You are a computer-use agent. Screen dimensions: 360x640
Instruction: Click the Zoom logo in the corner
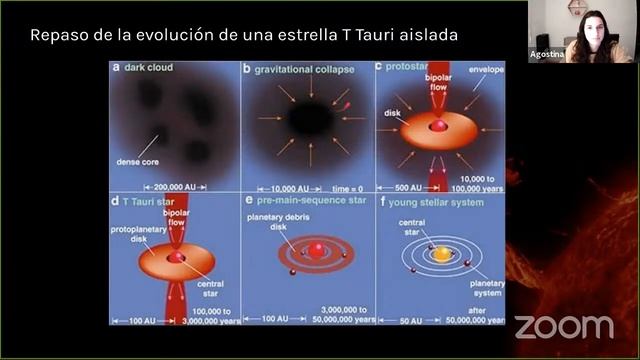pos(563,326)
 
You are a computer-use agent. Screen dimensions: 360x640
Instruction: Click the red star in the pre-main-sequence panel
pos(316,252)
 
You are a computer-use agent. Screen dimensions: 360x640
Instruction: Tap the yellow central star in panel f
pos(441,254)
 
